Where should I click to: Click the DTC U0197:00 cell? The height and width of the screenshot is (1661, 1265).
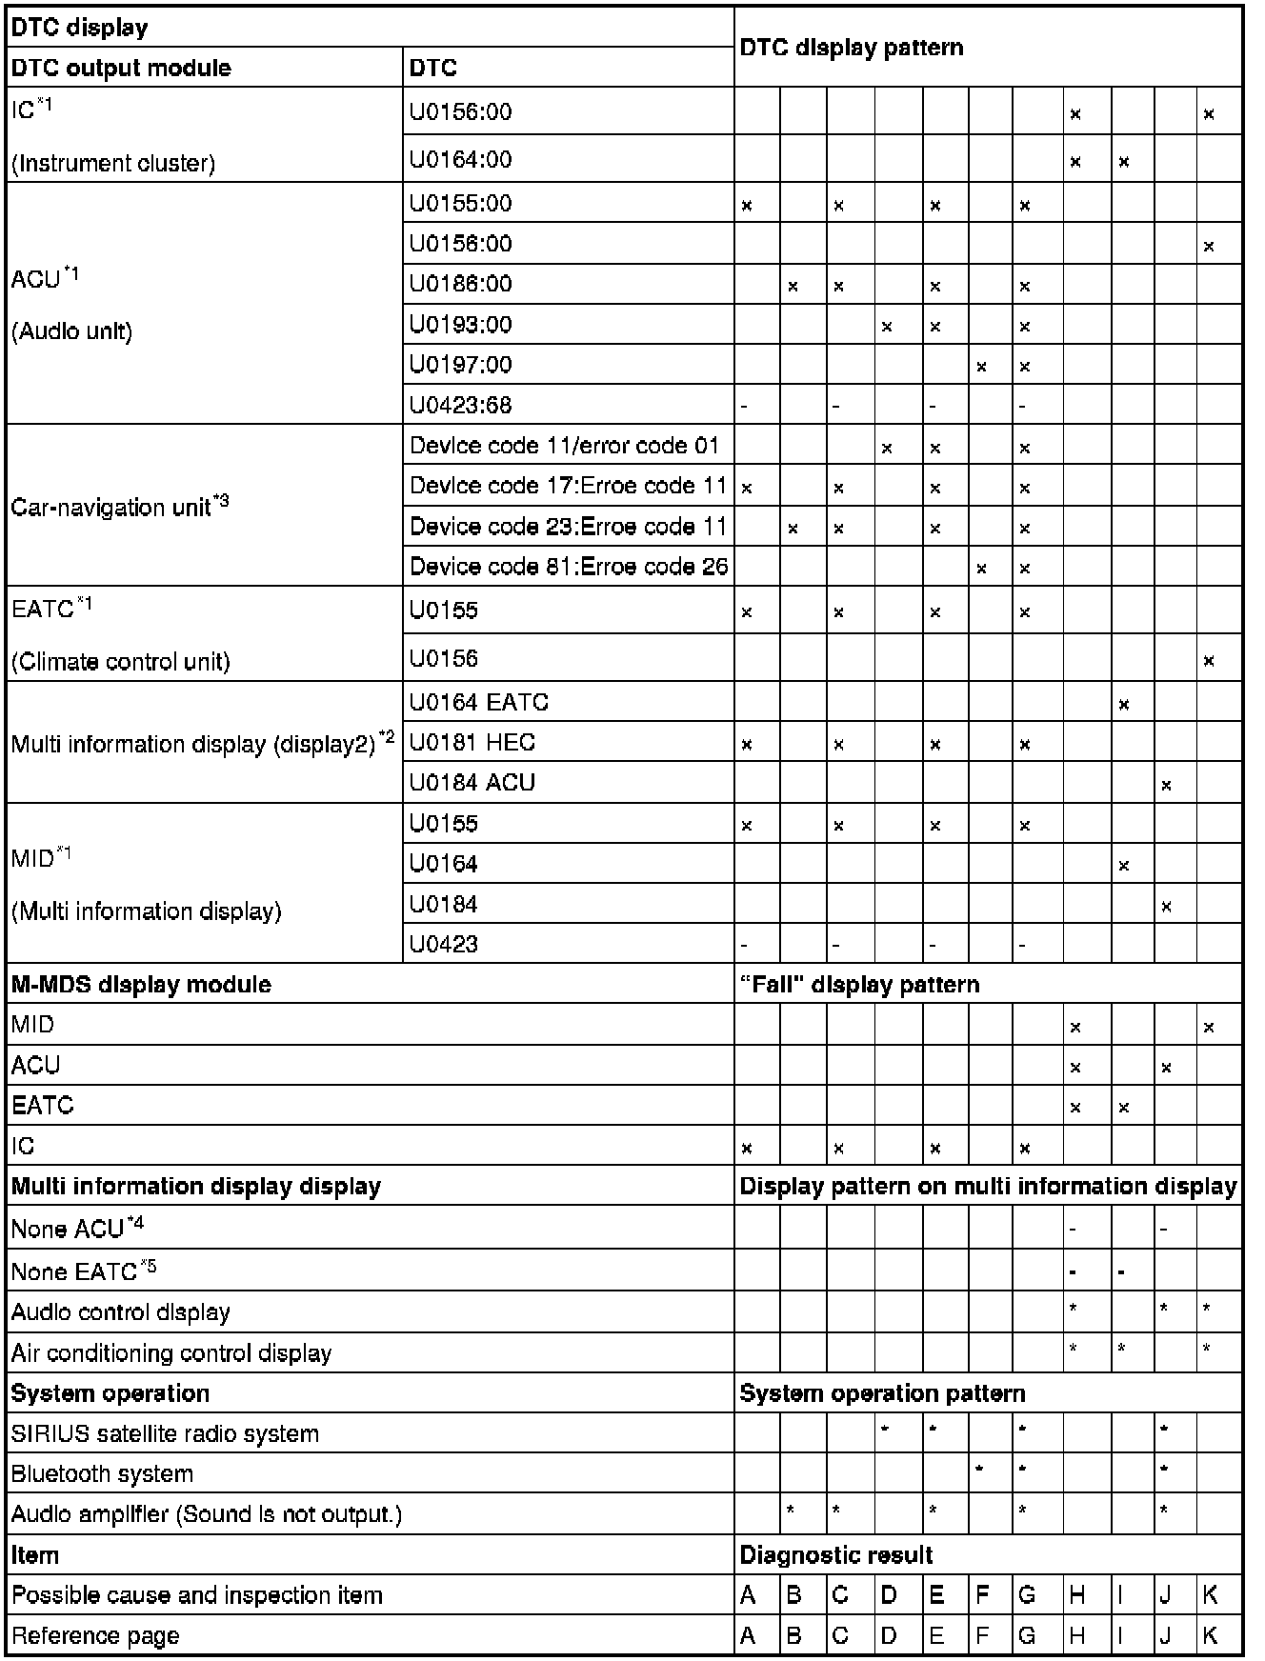click(460, 365)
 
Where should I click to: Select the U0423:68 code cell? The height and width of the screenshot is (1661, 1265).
click(460, 406)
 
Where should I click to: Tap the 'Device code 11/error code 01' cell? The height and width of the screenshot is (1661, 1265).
click(564, 446)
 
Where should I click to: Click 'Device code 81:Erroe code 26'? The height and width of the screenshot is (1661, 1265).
click(569, 567)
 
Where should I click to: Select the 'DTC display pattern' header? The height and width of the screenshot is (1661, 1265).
click(851, 48)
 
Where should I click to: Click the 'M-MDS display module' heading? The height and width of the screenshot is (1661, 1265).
click(141, 985)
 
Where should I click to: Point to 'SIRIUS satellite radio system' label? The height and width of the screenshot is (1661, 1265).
click(165, 1433)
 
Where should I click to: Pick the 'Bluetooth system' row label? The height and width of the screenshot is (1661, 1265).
click(102, 1474)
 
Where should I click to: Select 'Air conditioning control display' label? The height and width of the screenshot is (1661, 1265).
click(171, 1353)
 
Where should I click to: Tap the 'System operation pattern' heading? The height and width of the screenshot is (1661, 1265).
click(882, 1394)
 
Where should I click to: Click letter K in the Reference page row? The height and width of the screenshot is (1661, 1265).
click(1210, 1636)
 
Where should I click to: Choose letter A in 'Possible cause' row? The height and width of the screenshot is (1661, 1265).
click(748, 1595)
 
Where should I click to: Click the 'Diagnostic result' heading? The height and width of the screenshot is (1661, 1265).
click(836, 1556)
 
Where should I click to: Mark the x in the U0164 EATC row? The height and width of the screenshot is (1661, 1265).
click(1124, 705)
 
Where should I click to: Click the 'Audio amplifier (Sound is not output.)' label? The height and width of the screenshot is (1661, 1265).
click(206, 1514)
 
